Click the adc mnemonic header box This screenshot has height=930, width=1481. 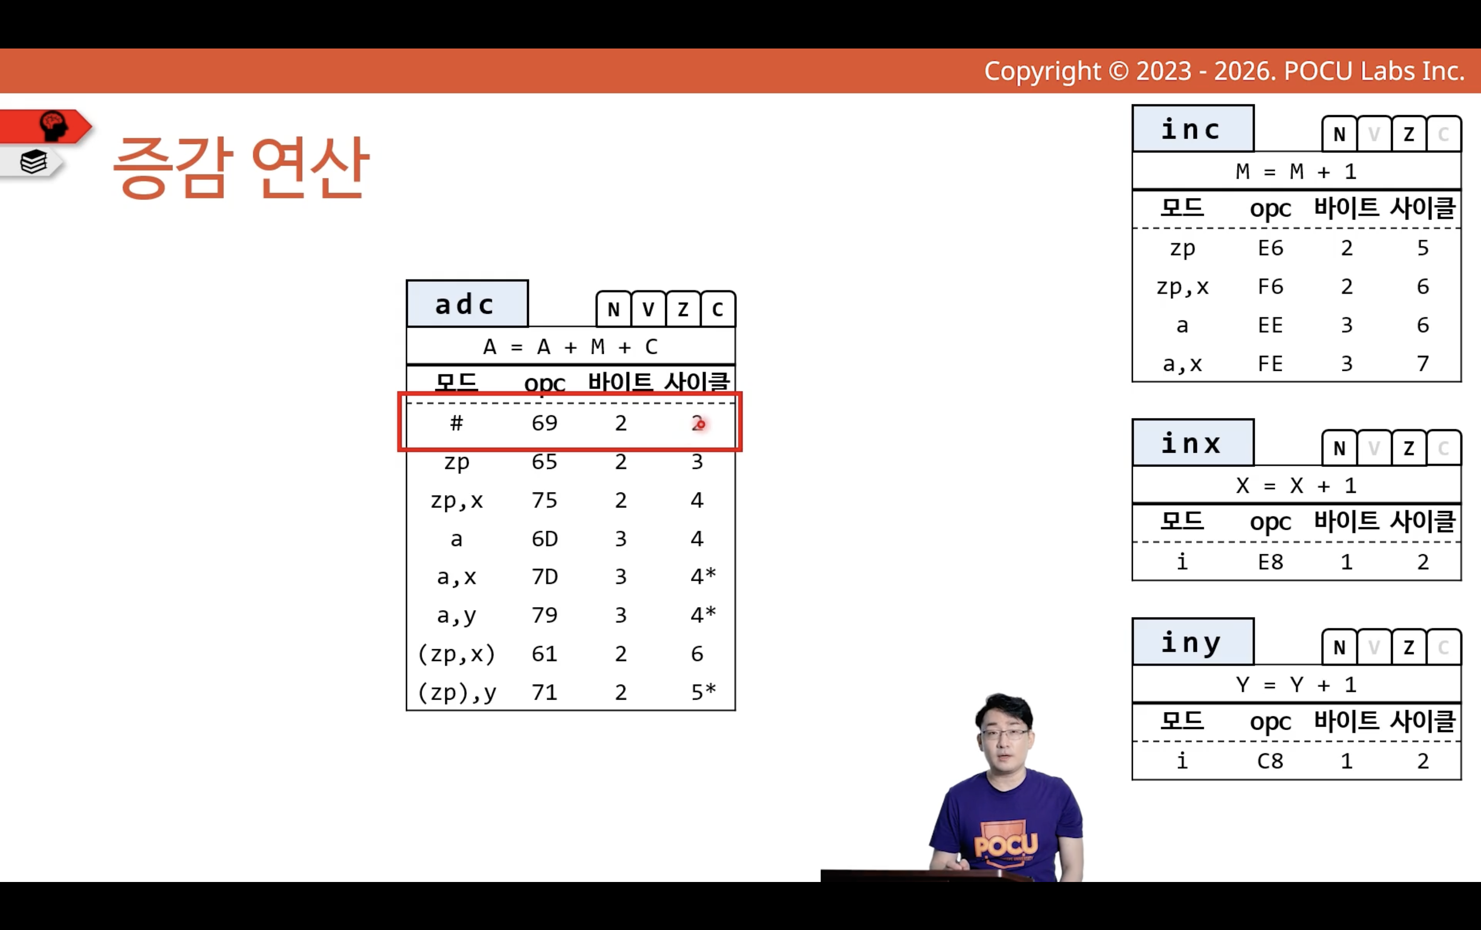(x=467, y=304)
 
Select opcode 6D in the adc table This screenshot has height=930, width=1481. (x=545, y=539)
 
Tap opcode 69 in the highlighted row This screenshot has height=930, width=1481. (x=545, y=423)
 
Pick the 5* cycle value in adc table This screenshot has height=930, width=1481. (x=703, y=692)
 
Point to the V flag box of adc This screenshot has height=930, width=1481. (x=648, y=309)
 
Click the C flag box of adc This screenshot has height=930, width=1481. (x=717, y=309)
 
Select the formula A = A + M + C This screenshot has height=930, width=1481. (x=571, y=347)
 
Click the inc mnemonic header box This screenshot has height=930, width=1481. (x=1193, y=128)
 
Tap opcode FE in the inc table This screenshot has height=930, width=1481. (x=1270, y=364)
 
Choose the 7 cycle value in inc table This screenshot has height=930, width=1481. (x=1423, y=364)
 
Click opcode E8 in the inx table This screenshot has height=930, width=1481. (x=1270, y=562)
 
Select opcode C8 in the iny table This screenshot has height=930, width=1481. (x=1270, y=761)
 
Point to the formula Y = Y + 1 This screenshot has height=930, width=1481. (x=1296, y=685)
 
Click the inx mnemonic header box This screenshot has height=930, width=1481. (x=1193, y=443)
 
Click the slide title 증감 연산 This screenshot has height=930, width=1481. (x=240, y=167)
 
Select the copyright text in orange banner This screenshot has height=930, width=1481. (x=1224, y=72)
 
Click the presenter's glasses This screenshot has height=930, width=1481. (x=1005, y=734)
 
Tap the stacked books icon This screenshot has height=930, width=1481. (x=33, y=162)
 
